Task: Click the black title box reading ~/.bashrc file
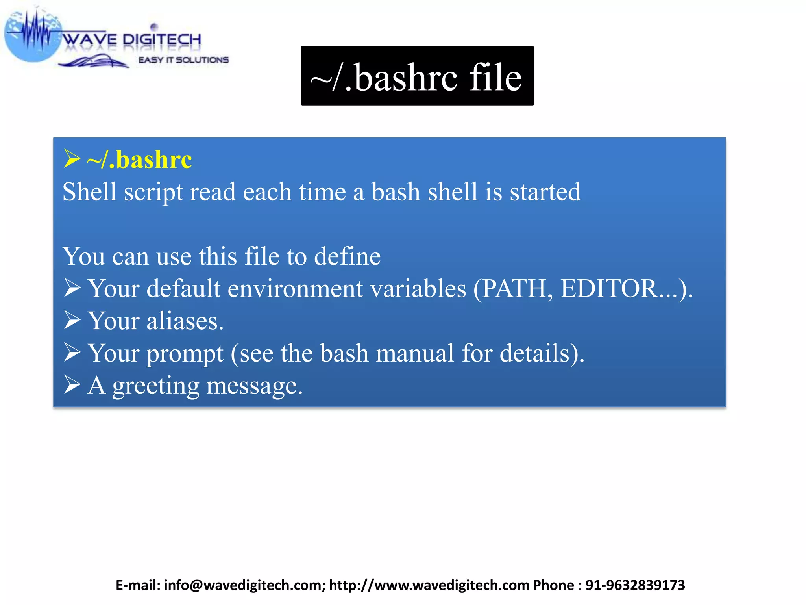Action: point(417,76)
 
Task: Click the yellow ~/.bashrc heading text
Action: point(139,160)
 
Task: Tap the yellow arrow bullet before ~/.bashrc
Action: point(72,159)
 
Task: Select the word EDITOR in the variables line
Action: point(609,289)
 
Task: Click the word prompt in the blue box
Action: point(185,353)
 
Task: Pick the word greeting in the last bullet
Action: point(156,386)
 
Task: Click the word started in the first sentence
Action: point(545,192)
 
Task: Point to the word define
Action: point(347,256)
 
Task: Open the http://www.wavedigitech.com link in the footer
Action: point(429,585)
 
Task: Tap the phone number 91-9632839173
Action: point(635,585)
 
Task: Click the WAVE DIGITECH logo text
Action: point(132,39)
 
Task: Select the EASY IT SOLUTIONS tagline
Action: point(183,60)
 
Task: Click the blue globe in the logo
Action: point(31,37)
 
